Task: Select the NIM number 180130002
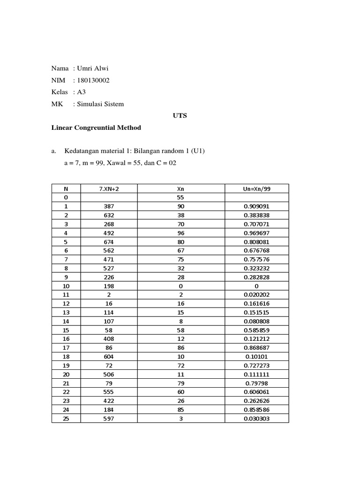93,80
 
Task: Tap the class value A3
82,92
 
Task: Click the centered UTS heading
180,115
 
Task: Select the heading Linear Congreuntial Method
96,127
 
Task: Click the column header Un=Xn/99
256,188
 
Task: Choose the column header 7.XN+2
109,188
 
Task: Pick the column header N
66,188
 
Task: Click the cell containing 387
109,206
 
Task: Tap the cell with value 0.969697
256,233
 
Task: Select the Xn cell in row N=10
181,286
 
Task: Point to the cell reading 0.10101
256,356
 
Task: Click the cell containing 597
109,418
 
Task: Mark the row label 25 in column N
66,418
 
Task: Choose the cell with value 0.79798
256,383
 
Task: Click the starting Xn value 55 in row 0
181,197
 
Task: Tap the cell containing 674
109,242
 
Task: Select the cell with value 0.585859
256,330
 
